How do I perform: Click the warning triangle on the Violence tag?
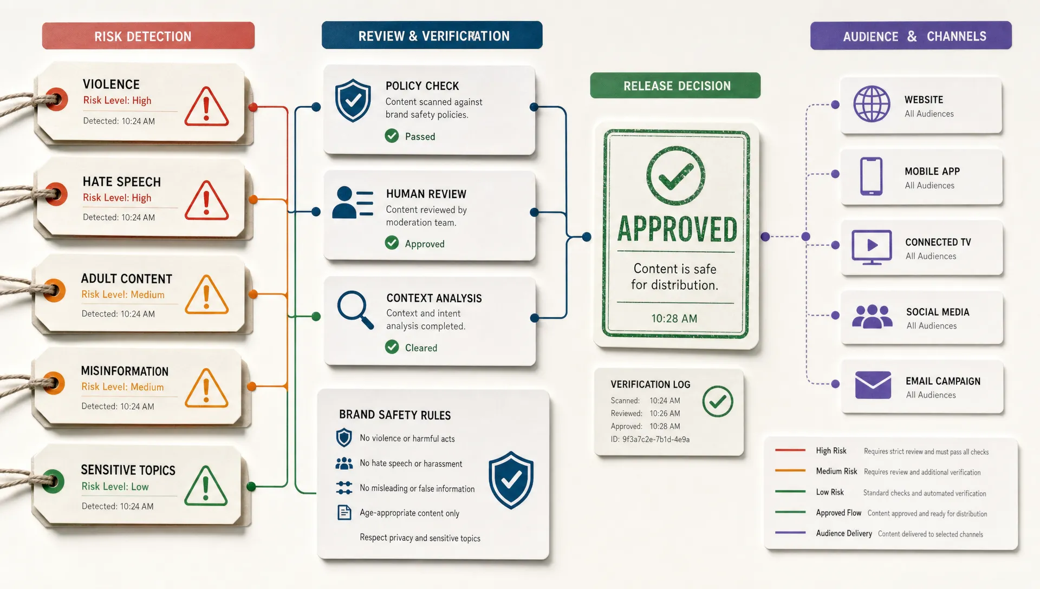tap(206, 107)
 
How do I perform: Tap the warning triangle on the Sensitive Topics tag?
tap(206, 486)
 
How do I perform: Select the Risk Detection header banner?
tap(148, 36)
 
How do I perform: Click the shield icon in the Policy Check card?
tap(353, 100)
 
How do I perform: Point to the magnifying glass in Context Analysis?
tap(355, 310)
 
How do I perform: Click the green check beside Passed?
tap(392, 136)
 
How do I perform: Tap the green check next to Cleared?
tap(392, 347)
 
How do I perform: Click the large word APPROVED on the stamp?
tap(677, 229)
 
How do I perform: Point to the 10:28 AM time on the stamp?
tap(674, 318)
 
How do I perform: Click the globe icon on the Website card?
tap(872, 104)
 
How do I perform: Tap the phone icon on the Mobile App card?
tap(872, 176)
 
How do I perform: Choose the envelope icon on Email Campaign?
tap(873, 385)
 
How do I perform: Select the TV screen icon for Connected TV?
tap(872, 247)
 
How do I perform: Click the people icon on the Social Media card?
tap(872, 317)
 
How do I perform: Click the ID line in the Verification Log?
tap(650, 439)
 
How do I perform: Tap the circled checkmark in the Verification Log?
tap(718, 401)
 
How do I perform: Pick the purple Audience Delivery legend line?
tap(790, 533)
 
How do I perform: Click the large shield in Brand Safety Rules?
tap(511, 480)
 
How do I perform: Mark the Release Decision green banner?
tap(675, 86)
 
